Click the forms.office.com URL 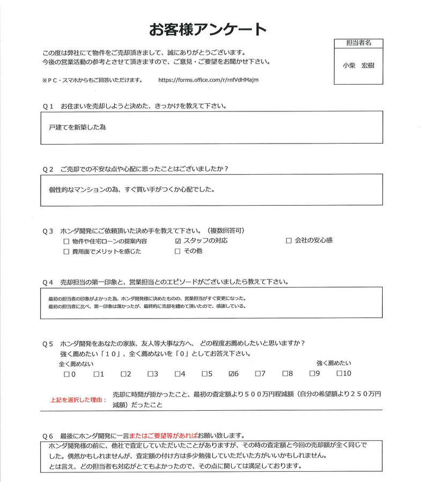pos(209,80)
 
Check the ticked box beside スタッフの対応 pos(179,241)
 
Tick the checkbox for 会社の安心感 pos(289,241)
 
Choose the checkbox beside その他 pos(179,251)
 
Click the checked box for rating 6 pos(232,373)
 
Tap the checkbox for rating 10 pos(339,373)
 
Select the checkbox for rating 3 pos(151,374)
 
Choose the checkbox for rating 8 pos(286,373)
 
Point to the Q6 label pos(48,434)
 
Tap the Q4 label pos(48,282)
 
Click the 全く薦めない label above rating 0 pos(76,364)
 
